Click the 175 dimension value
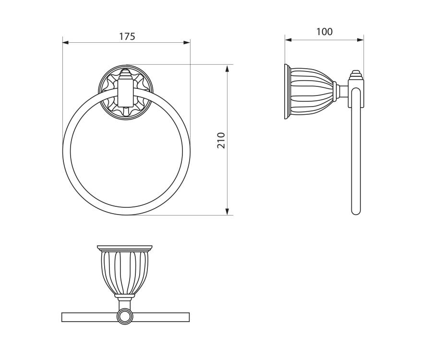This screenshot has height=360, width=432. [x=127, y=36]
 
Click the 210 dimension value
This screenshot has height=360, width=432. [x=221, y=141]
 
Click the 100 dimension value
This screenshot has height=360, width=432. [x=324, y=32]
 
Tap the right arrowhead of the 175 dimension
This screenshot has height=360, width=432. [x=187, y=42]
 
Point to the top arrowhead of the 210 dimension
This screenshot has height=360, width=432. [x=227, y=68]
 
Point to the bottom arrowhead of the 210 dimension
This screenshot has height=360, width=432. [x=227, y=212]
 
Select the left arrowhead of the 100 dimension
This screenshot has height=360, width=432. [x=288, y=40]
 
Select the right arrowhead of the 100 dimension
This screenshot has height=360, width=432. [x=360, y=40]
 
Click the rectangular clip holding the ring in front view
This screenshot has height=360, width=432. [x=125, y=93]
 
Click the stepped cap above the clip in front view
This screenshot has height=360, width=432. [x=126, y=74]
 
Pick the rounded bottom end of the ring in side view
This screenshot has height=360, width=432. [x=356, y=212]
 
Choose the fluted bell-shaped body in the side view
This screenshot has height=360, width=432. [x=312, y=92]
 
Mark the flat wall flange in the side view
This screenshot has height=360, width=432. [x=287, y=92]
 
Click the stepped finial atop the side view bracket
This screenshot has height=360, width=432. [x=356, y=75]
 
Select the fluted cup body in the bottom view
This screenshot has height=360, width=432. [x=125, y=273]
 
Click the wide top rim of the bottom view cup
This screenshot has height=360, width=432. [x=125, y=248]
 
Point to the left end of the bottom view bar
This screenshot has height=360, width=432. [x=62, y=317]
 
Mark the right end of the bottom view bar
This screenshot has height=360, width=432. [x=189, y=317]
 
